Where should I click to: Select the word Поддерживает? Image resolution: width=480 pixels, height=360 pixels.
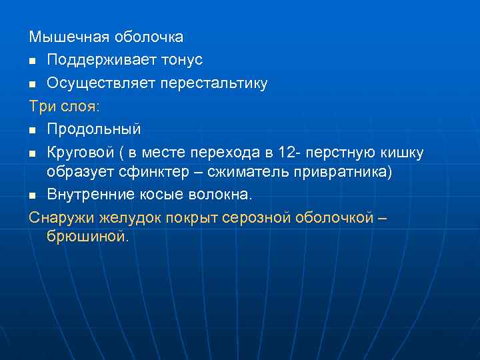99,60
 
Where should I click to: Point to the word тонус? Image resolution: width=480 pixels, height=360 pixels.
180,60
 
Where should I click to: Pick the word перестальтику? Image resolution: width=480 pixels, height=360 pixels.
211,83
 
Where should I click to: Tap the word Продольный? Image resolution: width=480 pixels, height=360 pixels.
93,129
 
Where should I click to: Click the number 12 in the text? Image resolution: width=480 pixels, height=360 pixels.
285,152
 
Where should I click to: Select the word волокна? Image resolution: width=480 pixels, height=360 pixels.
219,194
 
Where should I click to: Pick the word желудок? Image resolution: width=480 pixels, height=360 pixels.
129,217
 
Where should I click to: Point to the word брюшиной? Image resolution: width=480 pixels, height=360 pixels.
86,236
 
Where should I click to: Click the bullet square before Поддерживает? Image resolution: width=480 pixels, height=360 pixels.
33,61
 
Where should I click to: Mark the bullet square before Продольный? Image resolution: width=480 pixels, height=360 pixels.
33,130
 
